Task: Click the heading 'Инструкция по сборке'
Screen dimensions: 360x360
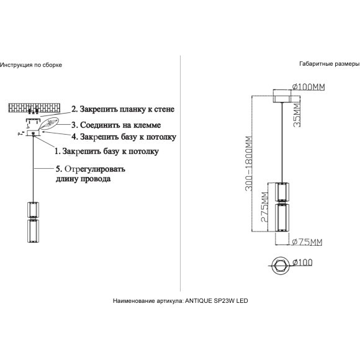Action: [x=31, y=65]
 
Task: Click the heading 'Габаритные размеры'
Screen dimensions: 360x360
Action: [x=330, y=64]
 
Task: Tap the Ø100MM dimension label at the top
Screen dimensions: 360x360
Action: [x=308, y=87]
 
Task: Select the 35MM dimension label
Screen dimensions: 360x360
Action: [x=297, y=115]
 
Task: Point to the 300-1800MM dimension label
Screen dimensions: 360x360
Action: [x=248, y=163]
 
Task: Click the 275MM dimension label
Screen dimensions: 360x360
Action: [x=264, y=207]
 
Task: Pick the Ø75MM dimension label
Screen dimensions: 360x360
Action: [x=307, y=242]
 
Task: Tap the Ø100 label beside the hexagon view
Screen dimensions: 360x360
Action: [x=303, y=263]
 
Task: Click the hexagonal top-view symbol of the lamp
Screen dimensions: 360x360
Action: [x=281, y=265]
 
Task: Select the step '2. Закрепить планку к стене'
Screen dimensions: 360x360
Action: [x=123, y=109]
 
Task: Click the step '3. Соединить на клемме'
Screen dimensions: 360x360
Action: [x=116, y=125]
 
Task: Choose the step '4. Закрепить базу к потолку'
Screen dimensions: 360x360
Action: [x=124, y=137]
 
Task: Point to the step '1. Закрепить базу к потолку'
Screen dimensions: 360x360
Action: [x=107, y=151]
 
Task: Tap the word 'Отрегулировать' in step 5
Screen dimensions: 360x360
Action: [x=95, y=169]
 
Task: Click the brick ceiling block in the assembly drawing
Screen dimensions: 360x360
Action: [x=35, y=107]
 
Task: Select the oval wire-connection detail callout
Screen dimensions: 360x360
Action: [x=49, y=124]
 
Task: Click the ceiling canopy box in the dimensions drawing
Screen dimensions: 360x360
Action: [x=282, y=96]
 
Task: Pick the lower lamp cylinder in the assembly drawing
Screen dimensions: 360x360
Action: [x=33, y=231]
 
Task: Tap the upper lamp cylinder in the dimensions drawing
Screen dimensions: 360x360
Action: [x=282, y=192]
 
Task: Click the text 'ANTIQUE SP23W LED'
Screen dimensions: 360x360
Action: [x=217, y=301]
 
